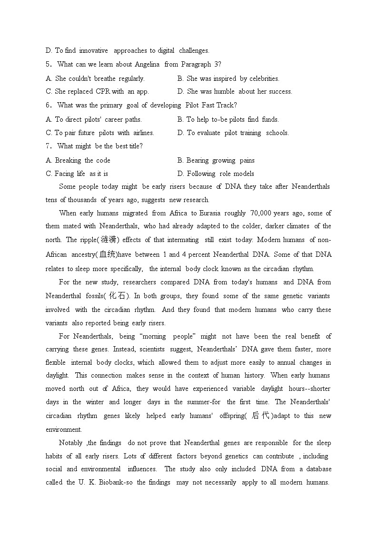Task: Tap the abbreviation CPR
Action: tap(103, 91)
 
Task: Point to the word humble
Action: tap(224, 91)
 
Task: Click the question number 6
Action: tap(48, 105)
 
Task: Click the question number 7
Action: tap(48, 146)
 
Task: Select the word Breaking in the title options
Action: tap(69, 160)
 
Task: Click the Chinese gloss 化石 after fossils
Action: tap(117, 296)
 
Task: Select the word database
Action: tap(318, 469)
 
